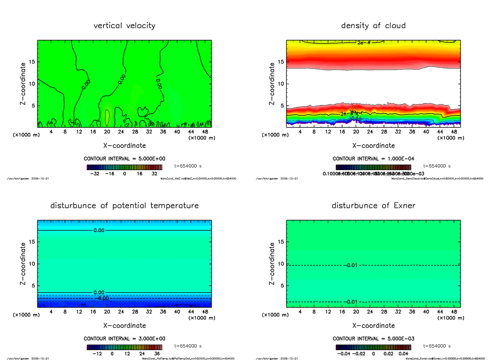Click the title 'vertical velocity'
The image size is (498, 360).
point(124,26)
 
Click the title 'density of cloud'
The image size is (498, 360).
point(373,26)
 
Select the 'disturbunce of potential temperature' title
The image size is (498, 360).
point(124,206)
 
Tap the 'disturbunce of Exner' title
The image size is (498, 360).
point(373,206)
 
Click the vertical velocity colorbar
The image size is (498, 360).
point(124,167)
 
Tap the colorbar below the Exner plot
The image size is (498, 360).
point(373,347)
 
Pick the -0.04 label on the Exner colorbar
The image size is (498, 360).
point(343,354)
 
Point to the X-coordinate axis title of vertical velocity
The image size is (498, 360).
point(124,146)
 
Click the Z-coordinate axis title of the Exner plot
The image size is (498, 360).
point(272,264)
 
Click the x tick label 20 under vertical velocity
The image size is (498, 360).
point(107,132)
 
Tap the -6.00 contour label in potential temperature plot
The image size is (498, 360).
point(101,298)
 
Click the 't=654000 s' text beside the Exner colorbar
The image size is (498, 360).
point(437,346)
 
